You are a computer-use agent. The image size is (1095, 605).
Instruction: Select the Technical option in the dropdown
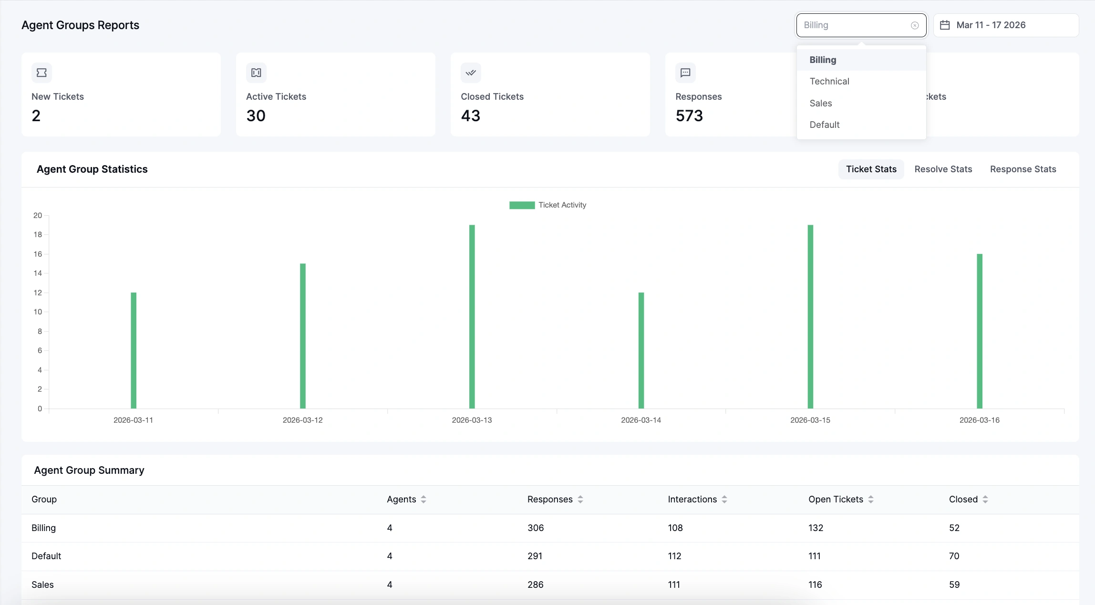[x=829, y=82]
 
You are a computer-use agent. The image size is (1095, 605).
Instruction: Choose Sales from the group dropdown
[x=820, y=103]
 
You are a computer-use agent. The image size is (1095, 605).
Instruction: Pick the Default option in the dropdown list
[x=824, y=125]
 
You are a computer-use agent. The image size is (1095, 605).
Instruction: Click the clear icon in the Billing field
[x=915, y=26]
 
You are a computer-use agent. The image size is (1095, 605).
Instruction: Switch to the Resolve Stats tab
[x=943, y=169]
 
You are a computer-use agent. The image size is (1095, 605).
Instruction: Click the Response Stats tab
[x=1023, y=169]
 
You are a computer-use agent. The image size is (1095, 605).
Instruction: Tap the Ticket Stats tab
[x=871, y=169]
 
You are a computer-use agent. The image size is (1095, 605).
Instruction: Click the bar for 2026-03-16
[x=979, y=331]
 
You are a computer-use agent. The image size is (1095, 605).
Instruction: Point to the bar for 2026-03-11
[x=134, y=350]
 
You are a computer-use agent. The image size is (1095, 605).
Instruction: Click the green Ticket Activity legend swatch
[x=522, y=205]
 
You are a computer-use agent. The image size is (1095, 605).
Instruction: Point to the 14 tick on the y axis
[x=38, y=273]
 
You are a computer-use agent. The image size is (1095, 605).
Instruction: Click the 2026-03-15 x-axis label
[x=810, y=420]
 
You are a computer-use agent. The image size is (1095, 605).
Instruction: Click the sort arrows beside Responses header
[x=580, y=500]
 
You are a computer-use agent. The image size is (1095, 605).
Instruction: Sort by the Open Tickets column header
[x=836, y=500]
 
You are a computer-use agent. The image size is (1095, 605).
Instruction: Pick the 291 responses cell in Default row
[x=535, y=556]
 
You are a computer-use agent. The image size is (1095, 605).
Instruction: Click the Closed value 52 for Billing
[x=954, y=528]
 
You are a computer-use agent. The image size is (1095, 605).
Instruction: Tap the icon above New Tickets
[x=41, y=73]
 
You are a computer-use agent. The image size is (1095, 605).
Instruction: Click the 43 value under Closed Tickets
[x=470, y=116]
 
